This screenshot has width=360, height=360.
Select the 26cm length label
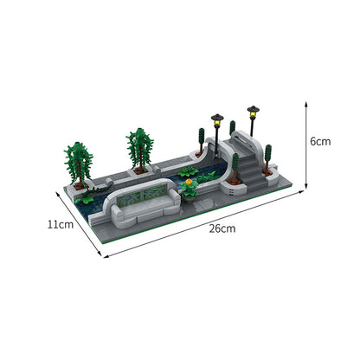(x=221, y=229)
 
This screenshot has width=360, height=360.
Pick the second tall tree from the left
(x=138, y=147)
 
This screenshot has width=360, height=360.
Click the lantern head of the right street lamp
(x=253, y=110)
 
